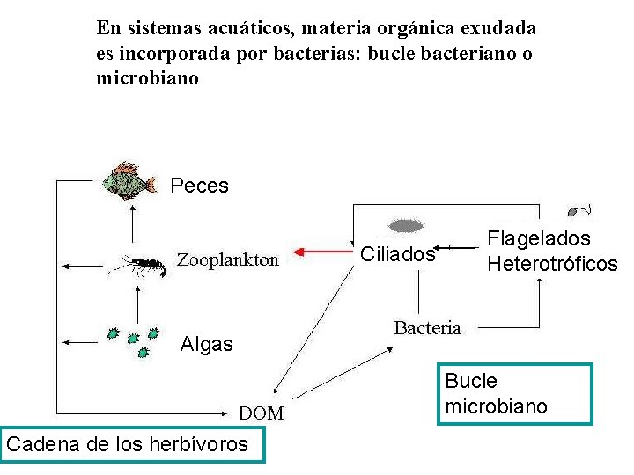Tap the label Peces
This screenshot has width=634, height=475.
tap(199, 186)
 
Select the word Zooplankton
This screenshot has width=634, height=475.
tap(228, 259)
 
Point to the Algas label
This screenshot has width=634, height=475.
tap(206, 344)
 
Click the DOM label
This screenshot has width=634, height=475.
tap(262, 413)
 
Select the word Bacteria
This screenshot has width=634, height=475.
tap(427, 328)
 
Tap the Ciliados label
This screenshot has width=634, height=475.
tap(398, 255)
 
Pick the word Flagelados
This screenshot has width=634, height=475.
tap(539, 238)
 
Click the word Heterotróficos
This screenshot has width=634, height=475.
tap(552, 263)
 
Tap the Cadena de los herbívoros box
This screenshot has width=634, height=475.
tap(127, 443)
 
